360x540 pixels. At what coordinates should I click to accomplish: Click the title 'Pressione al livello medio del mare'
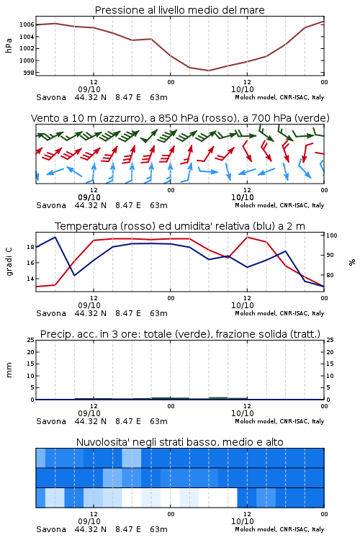pos(179,10)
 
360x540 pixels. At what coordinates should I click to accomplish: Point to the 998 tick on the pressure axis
pos(30,73)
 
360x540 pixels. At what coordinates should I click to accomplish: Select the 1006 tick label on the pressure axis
pos(27,24)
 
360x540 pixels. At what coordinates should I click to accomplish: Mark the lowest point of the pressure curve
pos(208,71)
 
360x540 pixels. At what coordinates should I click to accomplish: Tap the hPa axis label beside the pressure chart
pos(9,45)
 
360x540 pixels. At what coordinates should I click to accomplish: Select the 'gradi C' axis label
pos(9,261)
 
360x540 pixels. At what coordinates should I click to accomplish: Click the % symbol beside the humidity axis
pos(352,262)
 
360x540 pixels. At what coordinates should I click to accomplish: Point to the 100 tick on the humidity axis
pos(332,235)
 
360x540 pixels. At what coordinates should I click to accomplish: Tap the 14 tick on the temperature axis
pos(30,279)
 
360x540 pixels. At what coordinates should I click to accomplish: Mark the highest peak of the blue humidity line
pos(55,237)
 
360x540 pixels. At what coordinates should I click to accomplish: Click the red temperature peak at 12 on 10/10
pos(247,238)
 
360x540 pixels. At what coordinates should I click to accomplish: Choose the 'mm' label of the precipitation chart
pos(9,370)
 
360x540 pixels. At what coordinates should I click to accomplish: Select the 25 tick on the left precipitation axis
pos(31,340)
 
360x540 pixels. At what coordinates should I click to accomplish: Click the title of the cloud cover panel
pos(179,442)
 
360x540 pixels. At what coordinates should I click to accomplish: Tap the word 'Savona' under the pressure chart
pos(51,97)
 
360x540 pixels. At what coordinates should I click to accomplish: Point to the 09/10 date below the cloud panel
pos(89,521)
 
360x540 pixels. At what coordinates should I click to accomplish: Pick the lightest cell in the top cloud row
pos(132,458)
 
